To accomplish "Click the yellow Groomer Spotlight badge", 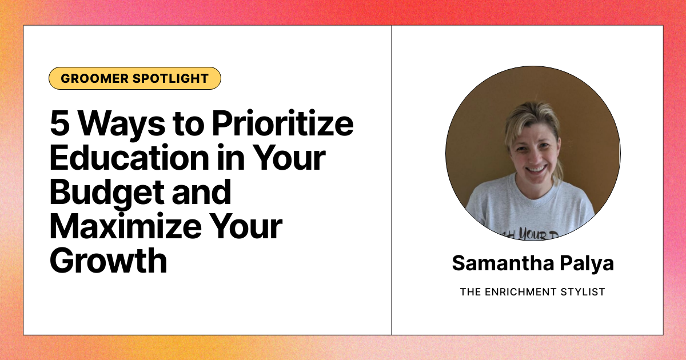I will pos(134,78).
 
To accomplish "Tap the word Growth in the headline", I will pos(108,261).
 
